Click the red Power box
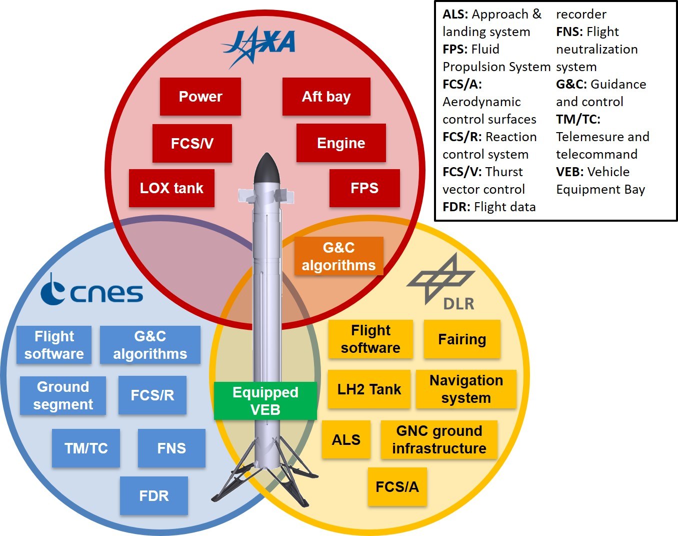(x=200, y=97)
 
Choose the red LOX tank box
(x=171, y=188)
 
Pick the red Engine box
(x=341, y=143)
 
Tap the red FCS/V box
(x=192, y=144)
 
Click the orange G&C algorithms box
(x=338, y=256)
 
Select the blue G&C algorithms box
(x=150, y=345)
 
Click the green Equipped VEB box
(x=265, y=401)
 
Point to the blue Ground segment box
(x=63, y=395)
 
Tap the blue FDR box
(x=154, y=495)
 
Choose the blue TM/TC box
(x=86, y=448)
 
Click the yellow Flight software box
(x=370, y=339)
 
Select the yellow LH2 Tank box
(x=369, y=389)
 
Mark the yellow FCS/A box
(x=397, y=487)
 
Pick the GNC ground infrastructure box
(x=439, y=439)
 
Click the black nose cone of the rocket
(x=265, y=169)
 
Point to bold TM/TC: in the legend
(x=578, y=120)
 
